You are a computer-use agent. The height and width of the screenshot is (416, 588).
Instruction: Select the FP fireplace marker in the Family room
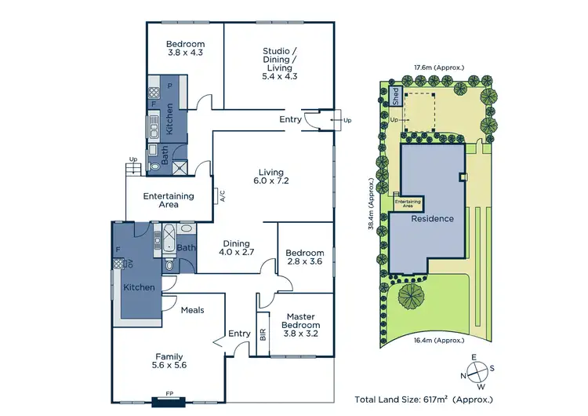tap(169, 392)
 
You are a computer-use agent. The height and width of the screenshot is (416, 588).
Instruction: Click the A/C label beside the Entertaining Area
tap(222, 196)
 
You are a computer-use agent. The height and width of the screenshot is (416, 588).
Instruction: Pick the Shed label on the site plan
tap(396, 97)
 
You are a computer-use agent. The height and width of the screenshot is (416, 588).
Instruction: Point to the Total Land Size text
tap(424, 400)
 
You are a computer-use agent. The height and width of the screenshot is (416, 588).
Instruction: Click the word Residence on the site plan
tap(433, 218)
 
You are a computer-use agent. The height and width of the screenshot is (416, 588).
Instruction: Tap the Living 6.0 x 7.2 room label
tap(271, 177)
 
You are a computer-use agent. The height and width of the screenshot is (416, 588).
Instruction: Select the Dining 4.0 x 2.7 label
tap(236, 249)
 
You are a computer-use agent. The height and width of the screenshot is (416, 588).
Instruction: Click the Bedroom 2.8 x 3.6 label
tap(304, 257)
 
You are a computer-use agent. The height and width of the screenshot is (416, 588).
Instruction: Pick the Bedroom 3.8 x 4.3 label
tap(185, 49)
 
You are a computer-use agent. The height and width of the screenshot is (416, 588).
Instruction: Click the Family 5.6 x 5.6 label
tap(169, 360)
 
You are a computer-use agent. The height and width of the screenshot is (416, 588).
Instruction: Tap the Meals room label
tap(192, 310)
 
